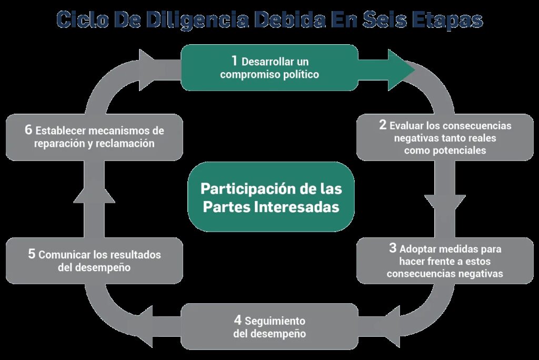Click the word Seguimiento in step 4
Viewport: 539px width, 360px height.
click(x=275, y=321)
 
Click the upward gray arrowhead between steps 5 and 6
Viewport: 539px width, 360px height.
click(x=94, y=194)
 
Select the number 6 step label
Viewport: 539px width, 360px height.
click(x=28, y=130)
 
